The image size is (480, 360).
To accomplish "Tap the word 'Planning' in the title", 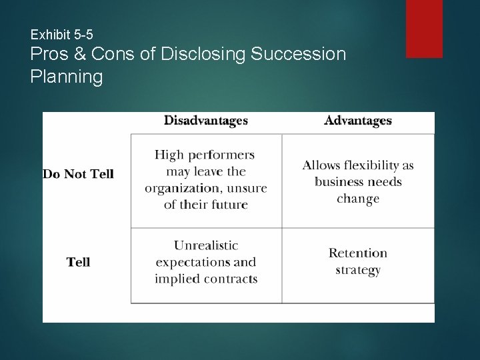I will (x=67, y=77).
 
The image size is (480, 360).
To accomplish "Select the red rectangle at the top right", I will (x=424, y=28).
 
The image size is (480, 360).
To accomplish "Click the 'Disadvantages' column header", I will (x=205, y=121).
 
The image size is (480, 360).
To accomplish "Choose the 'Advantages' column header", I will (x=357, y=121).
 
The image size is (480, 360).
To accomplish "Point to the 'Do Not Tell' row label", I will (x=78, y=174).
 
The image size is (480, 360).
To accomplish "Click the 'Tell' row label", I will (x=78, y=262).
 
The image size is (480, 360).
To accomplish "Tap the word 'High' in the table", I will (x=169, y=155).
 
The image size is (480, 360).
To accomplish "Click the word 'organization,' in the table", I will (x=177, y=188).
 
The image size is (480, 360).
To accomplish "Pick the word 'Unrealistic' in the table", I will (x=205, y=245).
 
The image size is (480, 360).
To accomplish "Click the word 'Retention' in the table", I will (x=357, y=253).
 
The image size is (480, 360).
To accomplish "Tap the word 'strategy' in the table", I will (x=357, y=270).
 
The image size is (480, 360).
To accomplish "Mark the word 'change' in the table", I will (x=357, y=199).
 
